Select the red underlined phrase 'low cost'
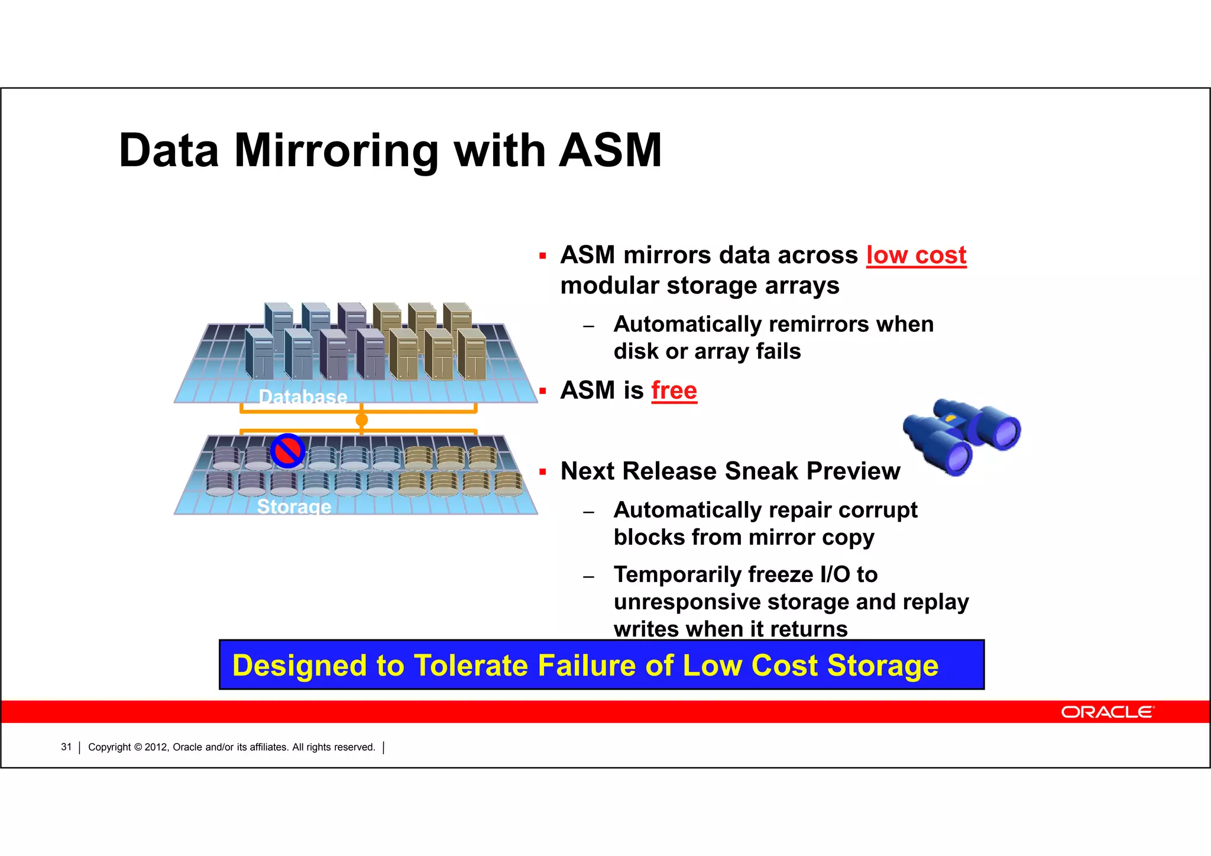point(916,256)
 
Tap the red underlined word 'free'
point(674,390)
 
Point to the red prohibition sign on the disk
point(288,451)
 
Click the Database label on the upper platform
point(303,397)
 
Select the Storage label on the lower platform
point(294,506)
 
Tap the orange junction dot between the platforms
point(362,420)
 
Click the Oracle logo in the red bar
point(1107,712)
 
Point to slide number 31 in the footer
point(66,747)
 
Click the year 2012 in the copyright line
point(156,747)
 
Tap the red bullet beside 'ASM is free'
point(542,391)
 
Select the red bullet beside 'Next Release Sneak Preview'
point(542,472)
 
